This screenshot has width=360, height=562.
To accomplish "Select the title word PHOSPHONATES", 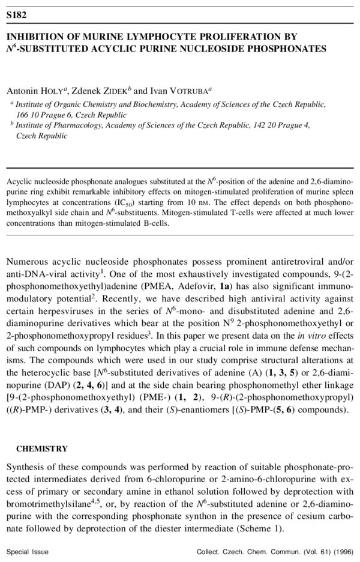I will tap(287, 49).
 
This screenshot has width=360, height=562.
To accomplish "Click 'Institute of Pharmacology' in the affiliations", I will tap(56, 125).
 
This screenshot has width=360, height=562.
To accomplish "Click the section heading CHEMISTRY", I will tap(42, 448).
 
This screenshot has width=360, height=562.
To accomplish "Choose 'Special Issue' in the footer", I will tap(28, 551).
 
